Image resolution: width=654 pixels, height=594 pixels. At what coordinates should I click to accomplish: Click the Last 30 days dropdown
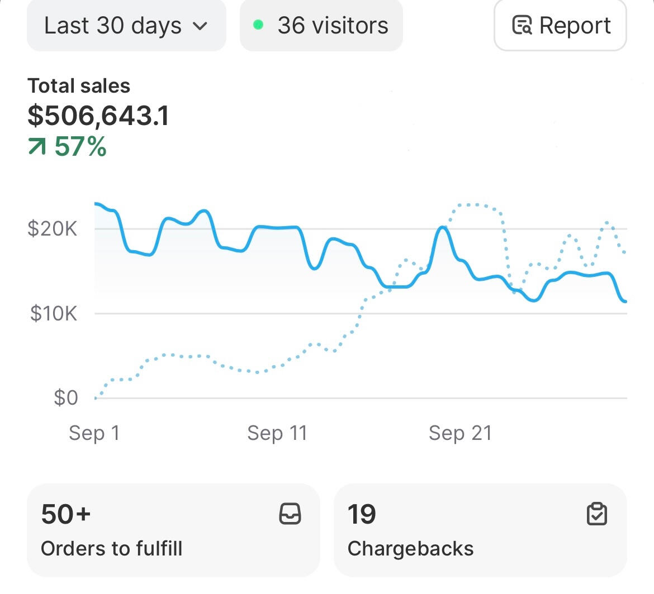tap(126, 26)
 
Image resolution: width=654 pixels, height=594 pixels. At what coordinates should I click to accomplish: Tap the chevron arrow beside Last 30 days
tap(200, 26)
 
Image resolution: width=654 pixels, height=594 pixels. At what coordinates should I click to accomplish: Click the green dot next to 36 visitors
tap(258, 25)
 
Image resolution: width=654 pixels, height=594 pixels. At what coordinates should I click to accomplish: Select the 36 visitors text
tap(333, 26)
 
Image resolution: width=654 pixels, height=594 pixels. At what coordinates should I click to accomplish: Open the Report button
tap(560, 26)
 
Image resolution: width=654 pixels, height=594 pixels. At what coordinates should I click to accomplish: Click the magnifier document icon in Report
tap(522, 26)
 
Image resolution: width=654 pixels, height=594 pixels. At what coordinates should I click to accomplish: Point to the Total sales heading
tap(79, 86)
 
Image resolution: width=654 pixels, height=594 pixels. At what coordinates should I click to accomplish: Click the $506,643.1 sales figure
tap(98, 116)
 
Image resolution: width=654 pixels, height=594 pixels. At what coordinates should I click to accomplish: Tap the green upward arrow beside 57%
tap(37, 147)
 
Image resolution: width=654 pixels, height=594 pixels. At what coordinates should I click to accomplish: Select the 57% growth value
tap(80, 147)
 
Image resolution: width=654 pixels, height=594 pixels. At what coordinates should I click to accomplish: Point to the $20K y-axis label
tap(53, 229)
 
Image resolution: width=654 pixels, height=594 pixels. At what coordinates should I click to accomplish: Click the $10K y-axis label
tap(54, 313)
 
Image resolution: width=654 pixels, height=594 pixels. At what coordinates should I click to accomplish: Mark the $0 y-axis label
tap(65, 398)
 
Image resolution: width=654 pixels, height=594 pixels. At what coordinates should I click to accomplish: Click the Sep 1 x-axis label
tap(94, 433)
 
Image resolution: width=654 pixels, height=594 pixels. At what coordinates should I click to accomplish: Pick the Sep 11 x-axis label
tap(277, 433)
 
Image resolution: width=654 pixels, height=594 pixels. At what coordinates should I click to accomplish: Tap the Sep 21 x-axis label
tap(460, 433)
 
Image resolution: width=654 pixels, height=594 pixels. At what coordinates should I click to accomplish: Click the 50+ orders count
tap(65, 514)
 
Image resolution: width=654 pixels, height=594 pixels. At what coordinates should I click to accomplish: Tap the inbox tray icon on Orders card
tap(290, 514)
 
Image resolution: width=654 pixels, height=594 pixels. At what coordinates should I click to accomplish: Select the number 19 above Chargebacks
tap(361, 514)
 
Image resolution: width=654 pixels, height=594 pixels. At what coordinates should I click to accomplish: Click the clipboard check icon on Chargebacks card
tap(597, 514)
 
